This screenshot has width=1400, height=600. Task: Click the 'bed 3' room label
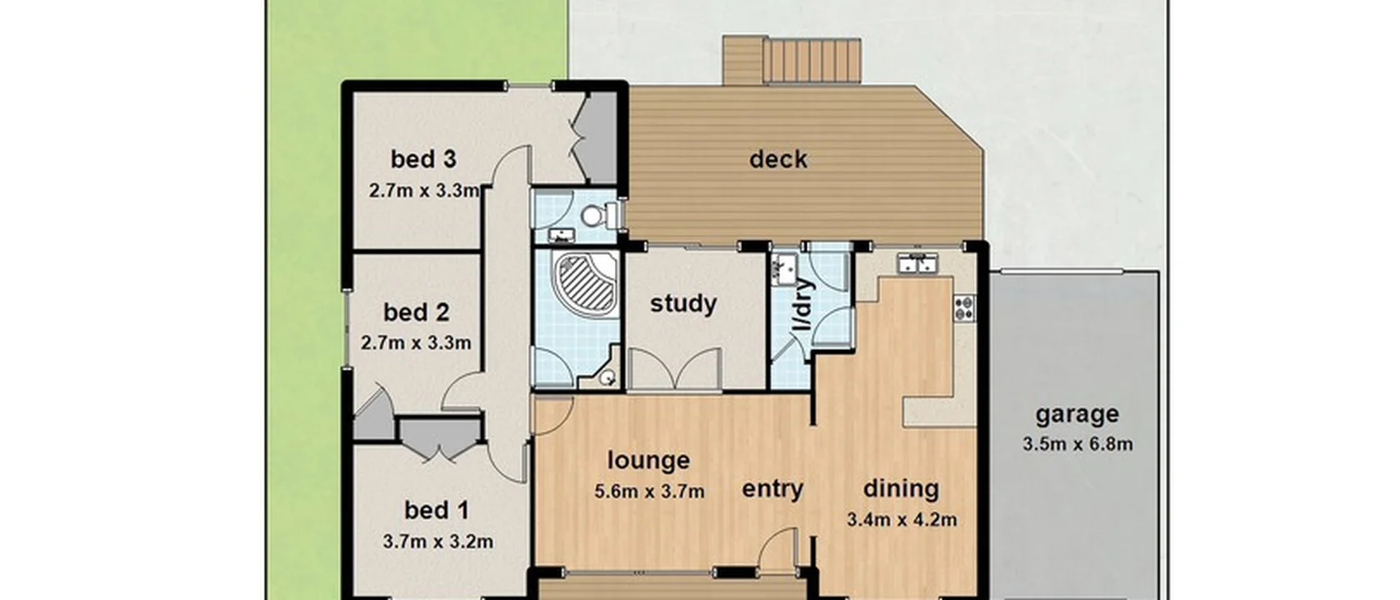423,158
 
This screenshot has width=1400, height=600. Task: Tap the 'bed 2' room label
416,312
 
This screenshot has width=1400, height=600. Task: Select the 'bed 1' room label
436,510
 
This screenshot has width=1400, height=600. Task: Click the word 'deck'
777,159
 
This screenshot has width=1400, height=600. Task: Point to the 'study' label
682,303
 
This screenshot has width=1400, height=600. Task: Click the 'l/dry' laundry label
802,305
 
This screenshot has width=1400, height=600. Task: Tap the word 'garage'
1077,414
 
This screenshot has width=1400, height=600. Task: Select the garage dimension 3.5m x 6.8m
1077,444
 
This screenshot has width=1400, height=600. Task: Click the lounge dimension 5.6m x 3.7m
649,492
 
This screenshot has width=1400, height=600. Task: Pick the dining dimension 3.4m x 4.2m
902,520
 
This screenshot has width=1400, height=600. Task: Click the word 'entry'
772,489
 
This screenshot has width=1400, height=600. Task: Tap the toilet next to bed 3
594,216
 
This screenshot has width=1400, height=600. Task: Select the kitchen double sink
917,265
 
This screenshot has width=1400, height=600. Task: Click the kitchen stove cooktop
965,307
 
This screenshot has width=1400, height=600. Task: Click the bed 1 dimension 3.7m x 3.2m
437,542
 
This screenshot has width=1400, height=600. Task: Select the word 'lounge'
648,461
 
